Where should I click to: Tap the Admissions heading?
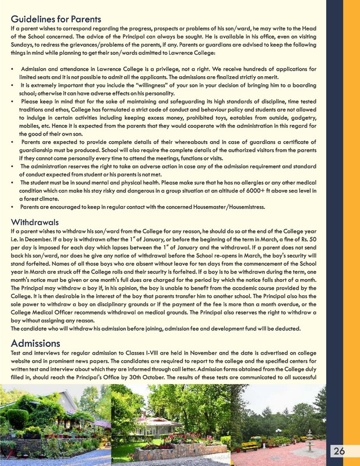36,343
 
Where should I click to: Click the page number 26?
339,451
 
